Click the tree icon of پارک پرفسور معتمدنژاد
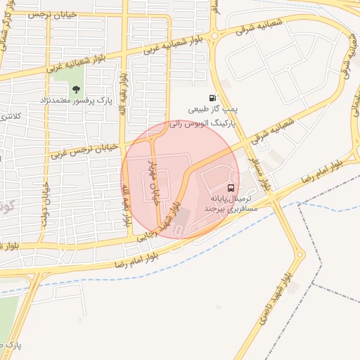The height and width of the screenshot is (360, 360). point(76,89)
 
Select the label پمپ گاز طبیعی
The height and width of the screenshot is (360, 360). point(215,110)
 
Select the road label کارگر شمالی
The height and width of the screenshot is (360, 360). point(11,31)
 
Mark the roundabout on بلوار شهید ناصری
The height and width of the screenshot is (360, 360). point(301,256)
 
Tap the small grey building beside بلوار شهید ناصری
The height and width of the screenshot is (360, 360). point(292,287)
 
